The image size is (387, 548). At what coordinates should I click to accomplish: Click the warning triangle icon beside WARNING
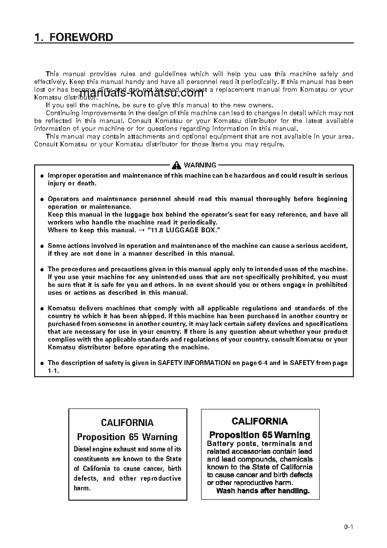177,165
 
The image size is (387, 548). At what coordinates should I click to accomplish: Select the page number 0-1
348,527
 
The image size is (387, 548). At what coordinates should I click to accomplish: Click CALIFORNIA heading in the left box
127,423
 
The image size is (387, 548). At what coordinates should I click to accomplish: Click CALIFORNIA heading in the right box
260,421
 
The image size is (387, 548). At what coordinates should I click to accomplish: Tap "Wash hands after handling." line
263,491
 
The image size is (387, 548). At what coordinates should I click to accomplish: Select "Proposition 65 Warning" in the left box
127,437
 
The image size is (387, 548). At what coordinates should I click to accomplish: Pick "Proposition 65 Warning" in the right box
260,435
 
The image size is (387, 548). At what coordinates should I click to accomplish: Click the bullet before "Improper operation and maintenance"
42,176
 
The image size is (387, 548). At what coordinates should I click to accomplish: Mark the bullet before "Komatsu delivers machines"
42,308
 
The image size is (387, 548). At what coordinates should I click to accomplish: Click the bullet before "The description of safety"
42,363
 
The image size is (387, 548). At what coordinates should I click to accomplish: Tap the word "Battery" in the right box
221,444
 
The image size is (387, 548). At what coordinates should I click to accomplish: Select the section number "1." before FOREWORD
39,37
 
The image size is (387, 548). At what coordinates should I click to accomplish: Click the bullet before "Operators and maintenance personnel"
42,199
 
